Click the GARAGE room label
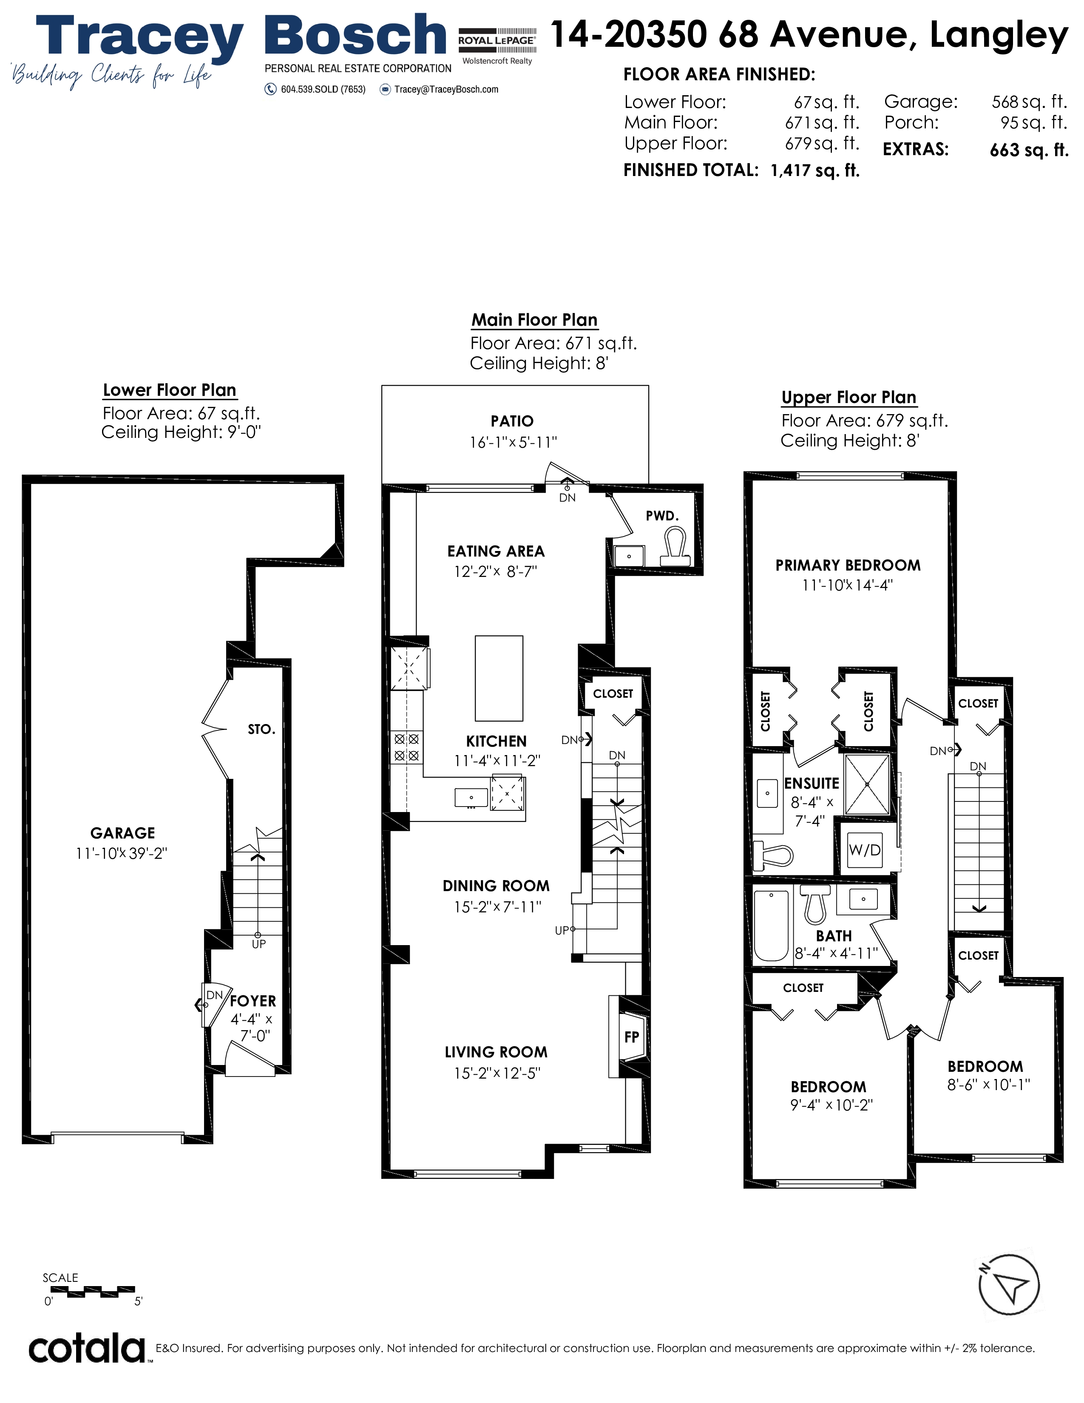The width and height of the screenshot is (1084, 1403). point(123,833)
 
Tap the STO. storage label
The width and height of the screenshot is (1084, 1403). point(261,729)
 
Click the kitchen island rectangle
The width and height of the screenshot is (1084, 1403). point(499,679)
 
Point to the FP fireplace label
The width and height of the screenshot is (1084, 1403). point(632,1037)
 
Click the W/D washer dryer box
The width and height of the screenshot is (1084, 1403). point(864,850)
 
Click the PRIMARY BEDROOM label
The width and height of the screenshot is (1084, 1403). point(848,565)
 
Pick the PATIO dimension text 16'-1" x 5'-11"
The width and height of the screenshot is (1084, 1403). point(513,442)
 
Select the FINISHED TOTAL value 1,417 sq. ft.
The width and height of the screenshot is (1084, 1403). point(815,170)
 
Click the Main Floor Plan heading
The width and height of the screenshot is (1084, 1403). point(534,320)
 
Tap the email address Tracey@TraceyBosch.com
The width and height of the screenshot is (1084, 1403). point(446,89)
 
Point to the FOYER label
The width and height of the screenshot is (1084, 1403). point(253,1001)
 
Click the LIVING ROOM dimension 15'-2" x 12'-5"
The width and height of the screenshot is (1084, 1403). point(497,1073)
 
